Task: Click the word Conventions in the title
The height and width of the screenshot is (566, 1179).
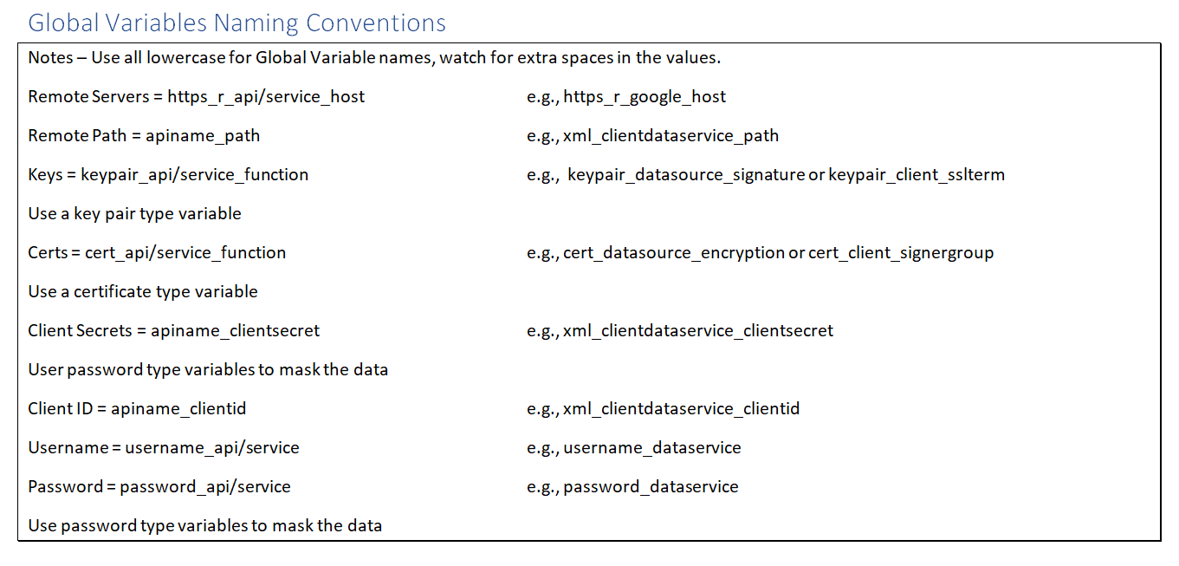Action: click(x=375, y=23)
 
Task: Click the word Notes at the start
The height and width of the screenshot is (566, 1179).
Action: click(x=50, y=57)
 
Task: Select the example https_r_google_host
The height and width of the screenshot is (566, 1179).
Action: click(x=645, y=97)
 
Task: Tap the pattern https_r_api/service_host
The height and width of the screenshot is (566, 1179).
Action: click(x=266, y=97)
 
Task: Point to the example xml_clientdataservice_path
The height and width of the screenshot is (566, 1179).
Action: click(x=670, y=136)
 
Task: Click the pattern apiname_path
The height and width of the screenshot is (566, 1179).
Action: click(x=203, y=136)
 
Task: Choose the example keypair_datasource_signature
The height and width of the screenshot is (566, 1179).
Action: click(x=686, y=175)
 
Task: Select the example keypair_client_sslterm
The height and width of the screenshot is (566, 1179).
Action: click(x=917, y=175)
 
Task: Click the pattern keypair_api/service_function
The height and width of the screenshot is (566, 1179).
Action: click(x=195, y=175)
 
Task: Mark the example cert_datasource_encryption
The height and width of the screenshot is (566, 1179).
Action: click(x=674, y=253)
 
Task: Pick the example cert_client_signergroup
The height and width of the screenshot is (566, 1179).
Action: click(x=901, y=253)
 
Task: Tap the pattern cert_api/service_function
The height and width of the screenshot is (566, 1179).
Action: click(x=185, y=253)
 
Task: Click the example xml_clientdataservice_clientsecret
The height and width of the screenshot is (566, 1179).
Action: click(x=698, y=330)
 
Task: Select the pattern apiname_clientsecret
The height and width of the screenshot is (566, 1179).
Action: click(x=236, y=330)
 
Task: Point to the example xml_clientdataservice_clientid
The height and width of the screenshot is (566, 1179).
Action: click(x=681, y=408)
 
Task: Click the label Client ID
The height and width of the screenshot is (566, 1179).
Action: click(x=61, y=408)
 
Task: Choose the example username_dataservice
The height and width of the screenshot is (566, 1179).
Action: click(x=652, y=447)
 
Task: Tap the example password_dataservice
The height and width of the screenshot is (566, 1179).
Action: click(x=651, y=486)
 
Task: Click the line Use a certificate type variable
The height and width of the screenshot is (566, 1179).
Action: click(x=143, y=292)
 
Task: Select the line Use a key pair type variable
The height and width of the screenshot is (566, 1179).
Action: click(x=135, y=214)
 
